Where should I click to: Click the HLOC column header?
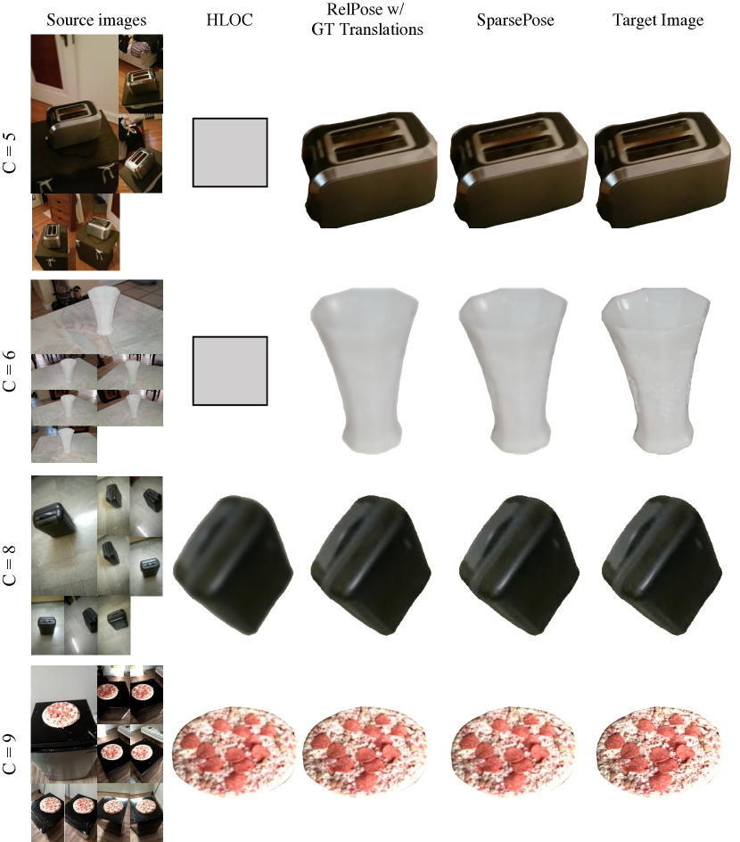229,20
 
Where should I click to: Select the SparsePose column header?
515,21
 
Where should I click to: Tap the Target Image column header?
658,21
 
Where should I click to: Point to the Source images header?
96,21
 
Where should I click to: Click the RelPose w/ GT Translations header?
367,20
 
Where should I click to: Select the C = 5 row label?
10,153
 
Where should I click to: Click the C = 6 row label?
10,371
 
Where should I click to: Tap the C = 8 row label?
10,565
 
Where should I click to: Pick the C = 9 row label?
10,755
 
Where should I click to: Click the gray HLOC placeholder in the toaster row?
230,153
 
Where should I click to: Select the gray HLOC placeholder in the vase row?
230,371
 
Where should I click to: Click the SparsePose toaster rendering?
515,169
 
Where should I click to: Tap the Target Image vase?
656,371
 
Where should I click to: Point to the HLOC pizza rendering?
234,750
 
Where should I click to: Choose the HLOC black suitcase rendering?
233,566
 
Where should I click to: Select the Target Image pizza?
658,750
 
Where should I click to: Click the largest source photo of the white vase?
97,317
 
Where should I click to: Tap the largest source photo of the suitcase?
64,536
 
